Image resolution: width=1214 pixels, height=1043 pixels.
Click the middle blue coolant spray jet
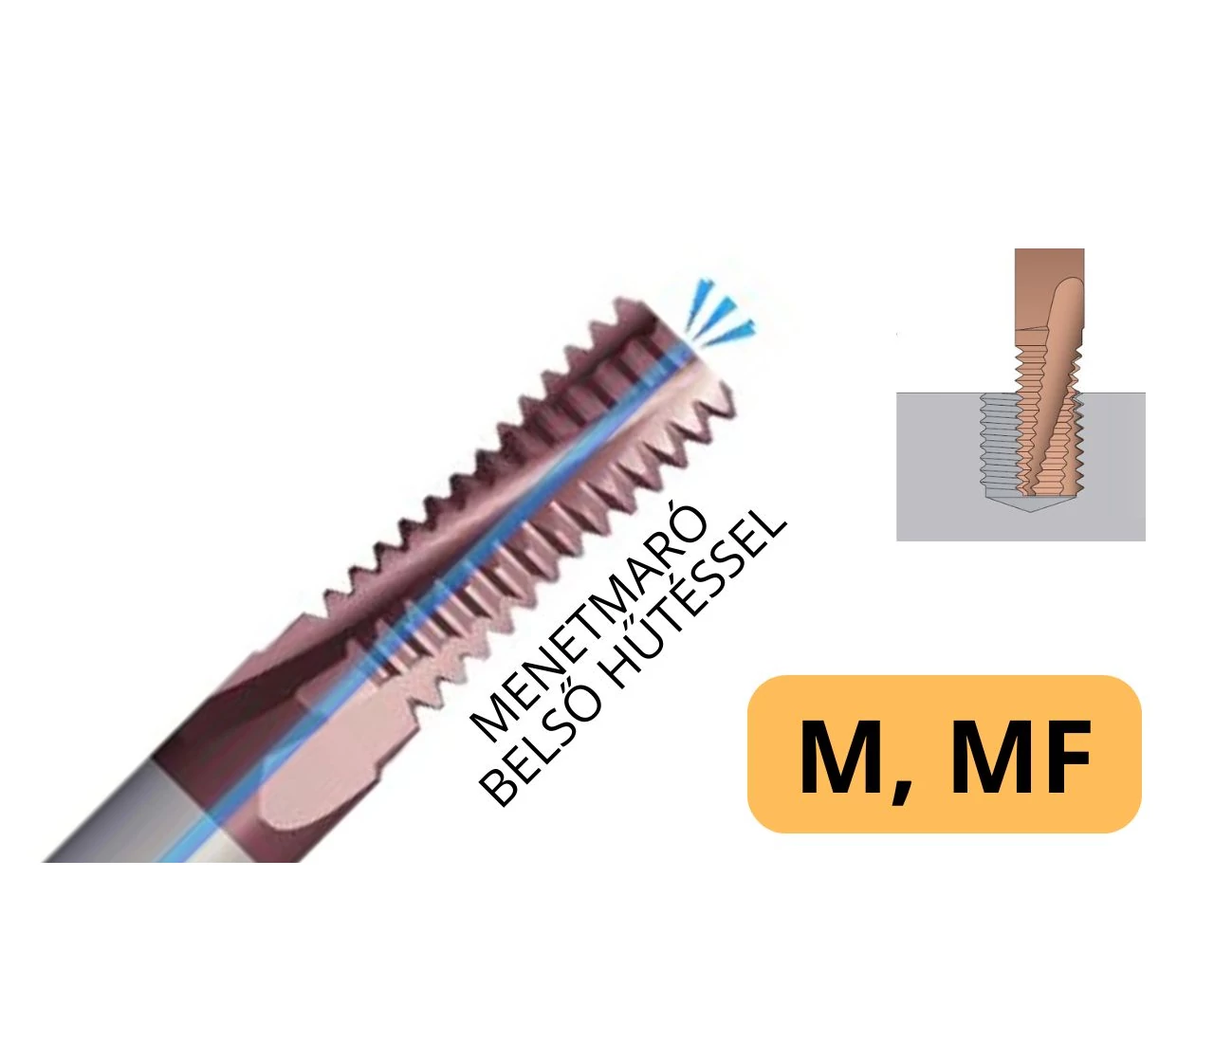[715, 314]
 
